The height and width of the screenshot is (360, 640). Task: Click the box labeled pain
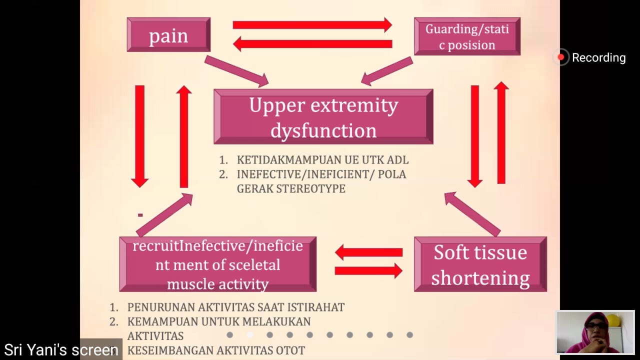(168, 35)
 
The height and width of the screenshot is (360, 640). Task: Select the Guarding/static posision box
(467, 36)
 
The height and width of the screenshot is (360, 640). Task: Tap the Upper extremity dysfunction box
(323, 117)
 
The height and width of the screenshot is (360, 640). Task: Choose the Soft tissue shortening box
(480, 264)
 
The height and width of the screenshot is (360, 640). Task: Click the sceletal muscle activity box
(217, 264)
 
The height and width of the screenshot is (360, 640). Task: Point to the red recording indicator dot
(561, 57)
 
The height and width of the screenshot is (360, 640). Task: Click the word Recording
(598, 57)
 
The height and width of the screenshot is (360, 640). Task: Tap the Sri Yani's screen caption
(61, 350)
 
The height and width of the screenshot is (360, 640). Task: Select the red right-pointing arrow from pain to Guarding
(312, 25)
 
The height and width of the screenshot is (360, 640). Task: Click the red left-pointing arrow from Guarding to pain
(312, 44)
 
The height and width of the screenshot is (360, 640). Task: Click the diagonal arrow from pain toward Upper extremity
(236, 70)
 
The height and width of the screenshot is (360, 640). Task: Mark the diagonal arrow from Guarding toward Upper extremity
(386, 70)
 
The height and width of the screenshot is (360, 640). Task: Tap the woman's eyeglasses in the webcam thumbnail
(596, 326)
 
